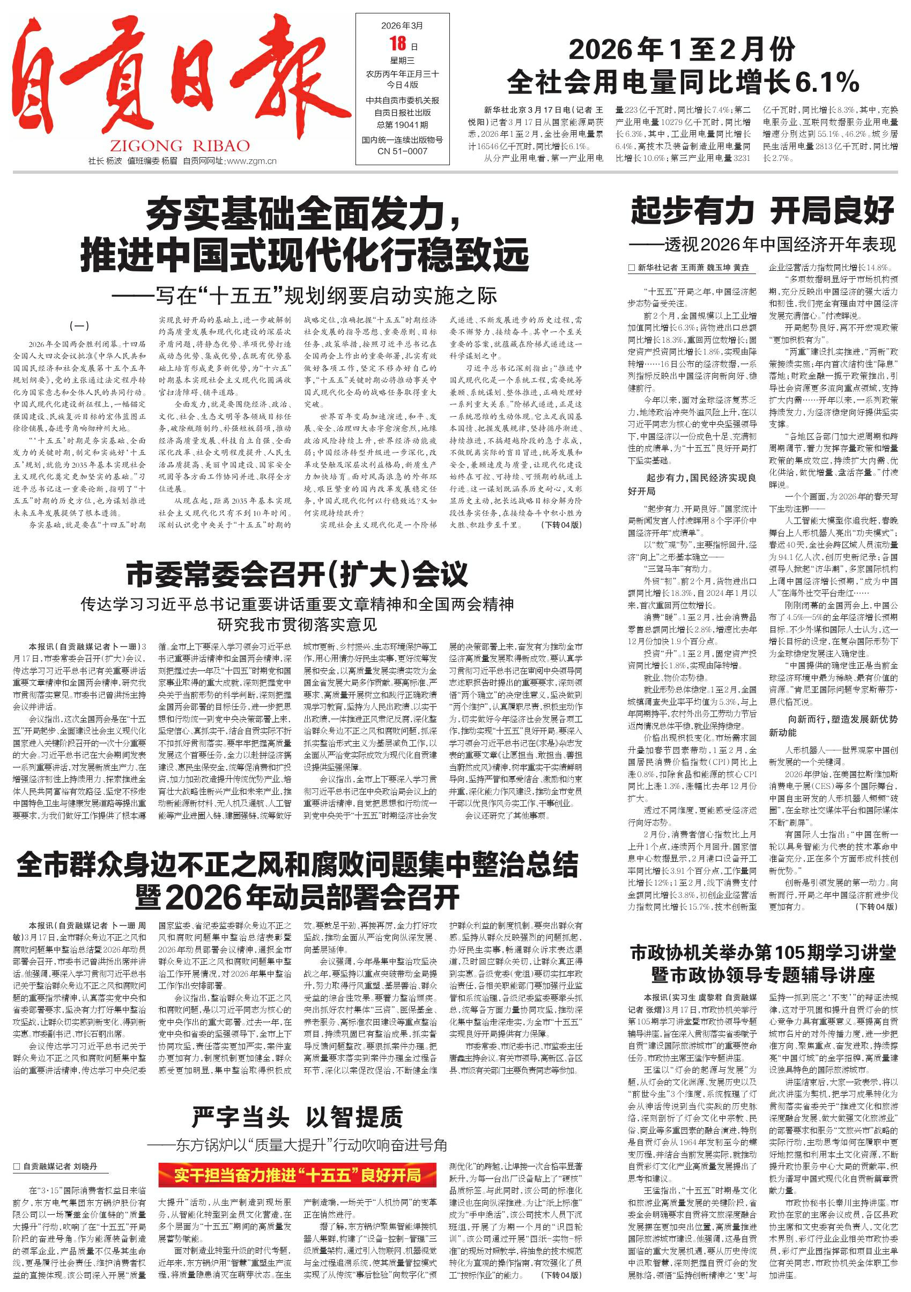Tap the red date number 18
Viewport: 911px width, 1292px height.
(397, 44)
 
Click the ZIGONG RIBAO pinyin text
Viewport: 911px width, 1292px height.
(180, 146)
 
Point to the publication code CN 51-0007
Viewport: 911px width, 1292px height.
(402, 151)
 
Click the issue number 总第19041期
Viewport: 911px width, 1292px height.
(402, 125)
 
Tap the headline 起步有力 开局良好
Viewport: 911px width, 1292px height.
(762, 211)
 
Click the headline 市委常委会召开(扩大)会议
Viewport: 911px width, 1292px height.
(297, 574)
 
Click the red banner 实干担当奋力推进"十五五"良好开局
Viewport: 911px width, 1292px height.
(297, 1176)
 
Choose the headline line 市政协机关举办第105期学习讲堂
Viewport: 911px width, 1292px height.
(762, 953)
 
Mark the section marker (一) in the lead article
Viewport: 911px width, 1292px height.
(79, 325)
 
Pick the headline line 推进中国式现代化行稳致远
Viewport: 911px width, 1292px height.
(305, 255)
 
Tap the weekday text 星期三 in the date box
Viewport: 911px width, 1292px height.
(402, 61)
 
